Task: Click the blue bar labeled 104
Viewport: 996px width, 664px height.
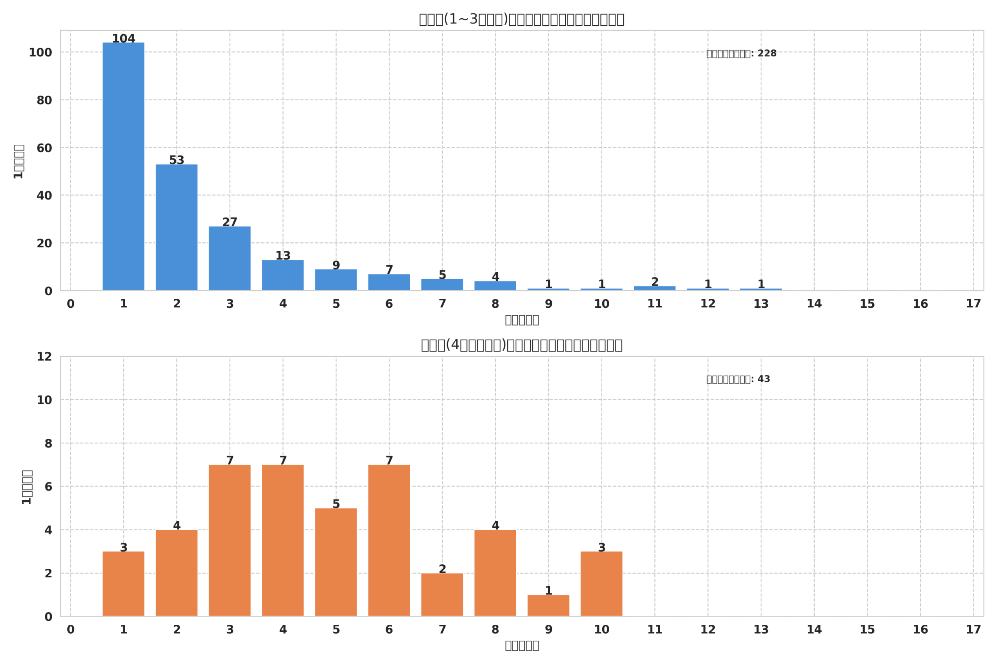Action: (123, 166)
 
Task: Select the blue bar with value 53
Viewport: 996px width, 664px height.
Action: (177, 227)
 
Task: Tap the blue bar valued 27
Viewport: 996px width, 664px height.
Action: (230, 258)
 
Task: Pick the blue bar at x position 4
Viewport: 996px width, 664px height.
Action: (283, 275)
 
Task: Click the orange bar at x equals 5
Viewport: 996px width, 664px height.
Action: (336, 562)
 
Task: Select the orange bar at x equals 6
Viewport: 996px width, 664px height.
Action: (389, 540)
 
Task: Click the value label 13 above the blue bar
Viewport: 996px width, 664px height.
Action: (283, 256)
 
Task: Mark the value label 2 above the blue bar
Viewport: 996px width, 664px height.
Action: (655, 282)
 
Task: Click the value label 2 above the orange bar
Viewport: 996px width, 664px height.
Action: (442, 569)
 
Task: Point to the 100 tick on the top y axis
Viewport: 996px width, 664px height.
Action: (40, 53)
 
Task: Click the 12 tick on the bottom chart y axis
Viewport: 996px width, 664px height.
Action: (44, 357)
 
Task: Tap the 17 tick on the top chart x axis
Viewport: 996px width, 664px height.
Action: (973, 304)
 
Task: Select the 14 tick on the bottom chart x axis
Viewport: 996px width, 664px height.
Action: (814, 630)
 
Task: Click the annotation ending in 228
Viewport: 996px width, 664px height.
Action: (741, 54)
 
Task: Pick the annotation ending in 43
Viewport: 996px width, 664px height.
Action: (738, 379)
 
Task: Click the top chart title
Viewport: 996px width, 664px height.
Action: (521, 19)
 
